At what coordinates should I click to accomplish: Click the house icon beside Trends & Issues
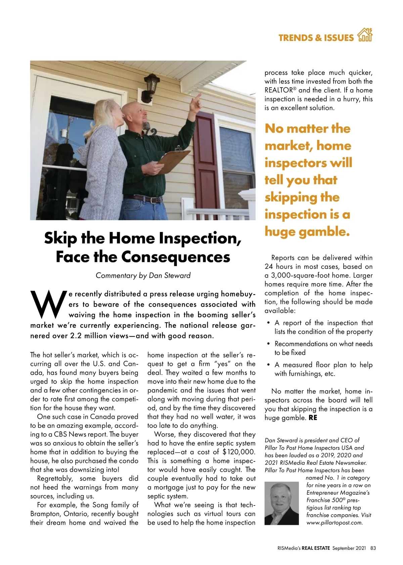(365, 35)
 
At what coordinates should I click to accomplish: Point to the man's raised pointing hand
(197, 100)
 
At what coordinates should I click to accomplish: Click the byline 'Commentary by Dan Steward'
(143, 275)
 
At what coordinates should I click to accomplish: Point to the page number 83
(373, 548)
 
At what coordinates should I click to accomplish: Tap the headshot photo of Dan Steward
(281, 503)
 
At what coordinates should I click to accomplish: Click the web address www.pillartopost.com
(334, 523)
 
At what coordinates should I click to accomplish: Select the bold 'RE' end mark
(313, 418)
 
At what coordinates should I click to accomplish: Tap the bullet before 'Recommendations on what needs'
(269, 344)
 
